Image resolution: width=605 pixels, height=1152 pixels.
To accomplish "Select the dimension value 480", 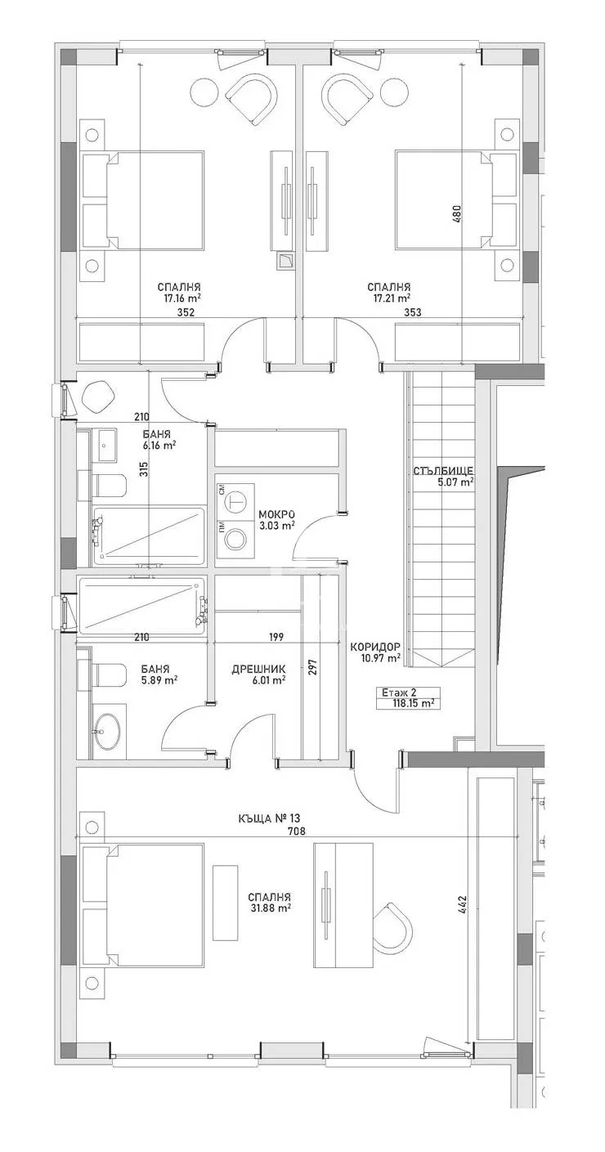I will (457, 214).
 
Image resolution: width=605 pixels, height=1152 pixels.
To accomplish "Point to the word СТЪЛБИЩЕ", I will (445, 471).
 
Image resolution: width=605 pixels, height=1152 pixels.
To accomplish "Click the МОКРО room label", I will (276, 514).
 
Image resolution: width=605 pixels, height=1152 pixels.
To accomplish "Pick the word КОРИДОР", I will (374, 647).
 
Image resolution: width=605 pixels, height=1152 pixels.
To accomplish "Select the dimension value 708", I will (297, 832).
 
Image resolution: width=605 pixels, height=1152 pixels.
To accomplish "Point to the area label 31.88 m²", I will (271, 908).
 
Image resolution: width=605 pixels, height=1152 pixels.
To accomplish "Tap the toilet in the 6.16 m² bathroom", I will (108, 486).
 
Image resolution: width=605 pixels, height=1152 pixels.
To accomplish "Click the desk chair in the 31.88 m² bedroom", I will (392, 932).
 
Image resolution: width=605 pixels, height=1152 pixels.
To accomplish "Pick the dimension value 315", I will (143, 469).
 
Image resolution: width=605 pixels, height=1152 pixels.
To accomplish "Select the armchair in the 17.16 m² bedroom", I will (250, 98).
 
